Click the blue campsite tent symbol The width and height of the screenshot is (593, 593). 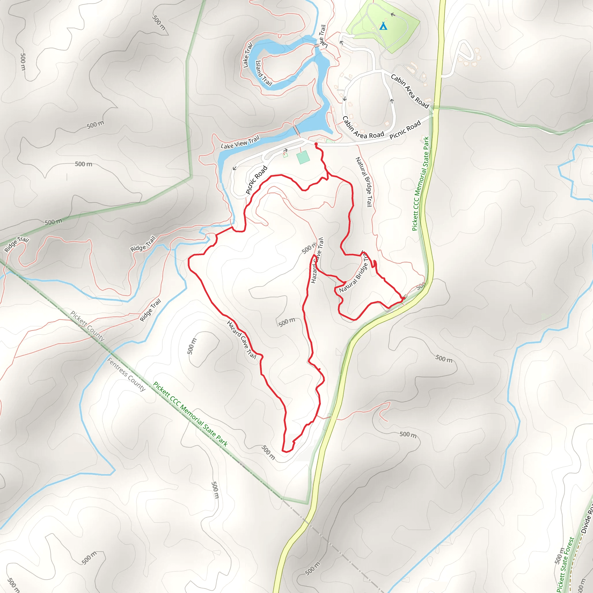(x=383, y=26)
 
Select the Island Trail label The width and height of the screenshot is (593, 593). (x=264, y=73)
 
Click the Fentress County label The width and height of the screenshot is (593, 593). (x=126, y=374)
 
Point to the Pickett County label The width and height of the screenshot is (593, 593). (x=87, y=326)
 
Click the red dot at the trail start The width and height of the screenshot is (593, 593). (x=316, y=144)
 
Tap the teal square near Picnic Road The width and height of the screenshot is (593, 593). (x=303, y=157)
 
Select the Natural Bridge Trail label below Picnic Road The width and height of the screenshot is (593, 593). (x=364, y=182)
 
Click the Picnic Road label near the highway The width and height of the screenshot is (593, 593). (x=405, y=130)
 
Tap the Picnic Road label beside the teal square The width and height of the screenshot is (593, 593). (x=257, y=180)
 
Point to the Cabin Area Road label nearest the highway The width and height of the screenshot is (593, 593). (x=410, y=91)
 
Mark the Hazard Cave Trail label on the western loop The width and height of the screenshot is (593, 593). (x=241, y=339)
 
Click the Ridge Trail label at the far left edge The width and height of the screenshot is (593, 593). (x=17, y=244)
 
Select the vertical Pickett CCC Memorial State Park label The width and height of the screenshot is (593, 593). (x=420, y=184)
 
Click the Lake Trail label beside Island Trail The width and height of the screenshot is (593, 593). (x=247, y=55)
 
